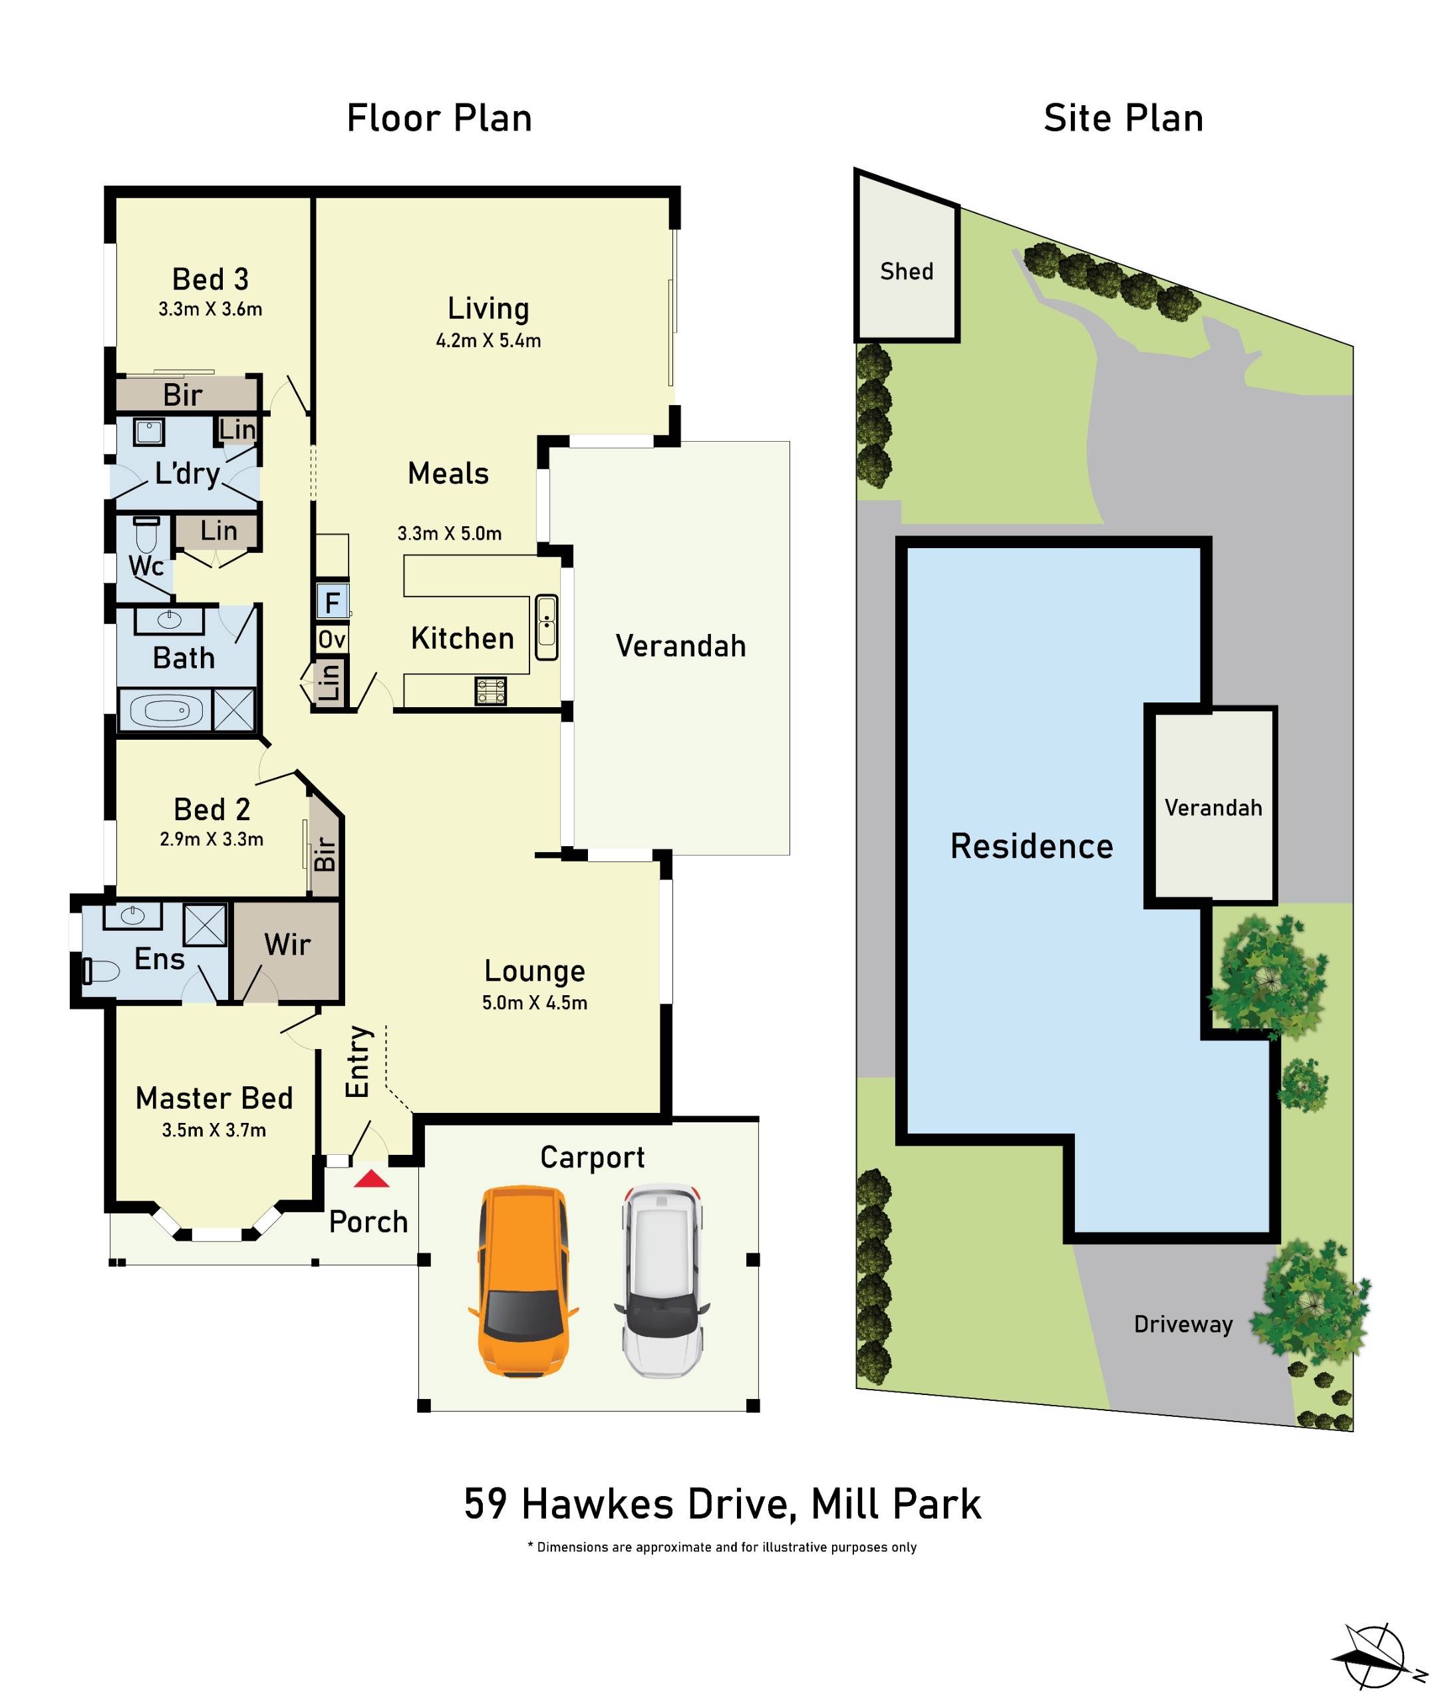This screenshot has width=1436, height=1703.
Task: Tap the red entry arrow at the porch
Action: coord(371,1179)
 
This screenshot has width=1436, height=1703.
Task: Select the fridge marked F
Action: coord(332,603)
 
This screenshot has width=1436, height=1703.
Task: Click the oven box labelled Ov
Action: coord(331,639)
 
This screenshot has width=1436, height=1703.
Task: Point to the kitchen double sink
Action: coord(546,627)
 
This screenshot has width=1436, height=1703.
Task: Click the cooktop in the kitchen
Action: coord(490,691)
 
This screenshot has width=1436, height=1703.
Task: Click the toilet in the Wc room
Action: coord(146,535)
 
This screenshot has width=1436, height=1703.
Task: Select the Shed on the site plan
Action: coord(906,271)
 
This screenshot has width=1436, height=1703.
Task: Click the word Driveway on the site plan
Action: coord(1183,1324)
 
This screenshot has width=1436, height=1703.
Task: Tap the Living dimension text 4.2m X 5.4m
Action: coord(488,341)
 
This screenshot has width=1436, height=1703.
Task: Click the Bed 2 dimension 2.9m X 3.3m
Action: coord(212,840)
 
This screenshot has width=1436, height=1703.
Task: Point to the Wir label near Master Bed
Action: coord(287,945)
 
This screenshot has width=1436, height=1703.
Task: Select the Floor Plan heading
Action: coord(440,118)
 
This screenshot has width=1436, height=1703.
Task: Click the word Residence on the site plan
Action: coord(1032,847)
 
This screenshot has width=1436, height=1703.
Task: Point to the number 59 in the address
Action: coord(486,1504)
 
